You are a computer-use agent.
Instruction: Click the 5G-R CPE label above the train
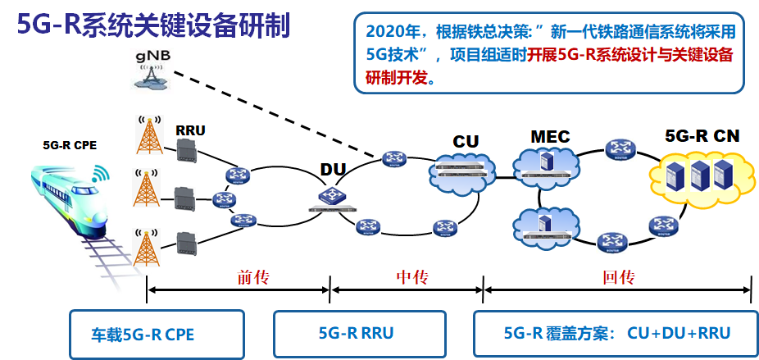[70, 146]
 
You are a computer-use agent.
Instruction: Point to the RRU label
[190, 130]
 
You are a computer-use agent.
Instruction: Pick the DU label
[333, 170]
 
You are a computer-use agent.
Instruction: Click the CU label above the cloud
[466, 142]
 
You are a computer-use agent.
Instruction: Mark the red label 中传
[407, 277]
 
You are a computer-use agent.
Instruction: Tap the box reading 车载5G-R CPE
[156, 333]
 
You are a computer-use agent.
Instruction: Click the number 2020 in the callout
[385, 33]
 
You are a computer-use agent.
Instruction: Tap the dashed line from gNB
[270, 115]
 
